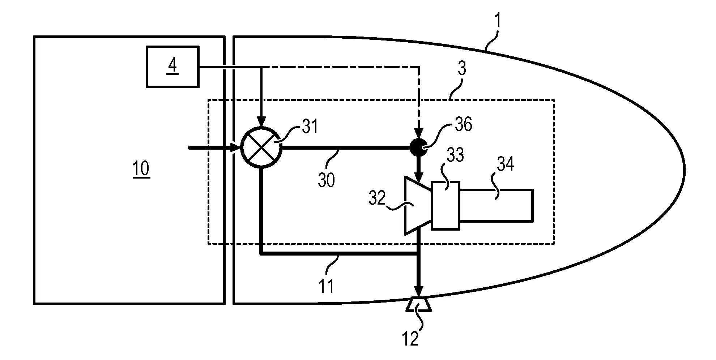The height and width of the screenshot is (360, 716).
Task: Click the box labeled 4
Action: tap(172, 67)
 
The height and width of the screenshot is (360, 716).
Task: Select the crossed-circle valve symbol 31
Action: tap(261, 147)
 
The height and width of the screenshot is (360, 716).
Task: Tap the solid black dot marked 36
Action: tap(418, 147)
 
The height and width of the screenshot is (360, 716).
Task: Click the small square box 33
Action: tap(446, 205)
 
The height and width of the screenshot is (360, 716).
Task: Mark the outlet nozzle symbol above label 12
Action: tap(418, 305)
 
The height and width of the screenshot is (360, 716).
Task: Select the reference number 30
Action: tap(326, 180)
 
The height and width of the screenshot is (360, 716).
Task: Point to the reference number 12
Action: tap(410, 338)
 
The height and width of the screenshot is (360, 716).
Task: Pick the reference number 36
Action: tap(463, 125)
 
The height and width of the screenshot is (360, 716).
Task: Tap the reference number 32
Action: tap(377, 198)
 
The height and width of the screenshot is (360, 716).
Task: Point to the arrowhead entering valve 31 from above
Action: tap(261, 122)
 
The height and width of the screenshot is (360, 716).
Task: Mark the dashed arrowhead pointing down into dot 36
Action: tap(418, 133)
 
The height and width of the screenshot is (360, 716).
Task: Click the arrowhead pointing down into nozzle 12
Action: tap(418, 291)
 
